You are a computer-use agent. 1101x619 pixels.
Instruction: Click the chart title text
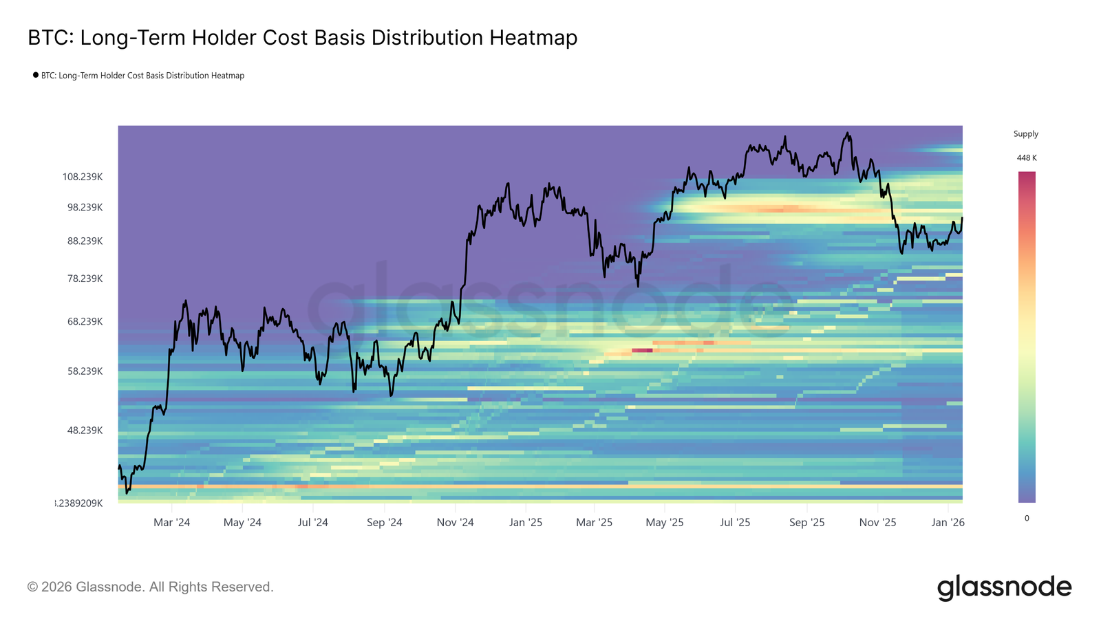[x=302, y=38]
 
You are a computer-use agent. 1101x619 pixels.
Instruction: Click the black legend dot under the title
[x=36, y=75]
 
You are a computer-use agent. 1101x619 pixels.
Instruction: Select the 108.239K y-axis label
[x=83, y=177]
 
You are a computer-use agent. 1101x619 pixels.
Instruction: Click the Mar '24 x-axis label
[x=171, y=523]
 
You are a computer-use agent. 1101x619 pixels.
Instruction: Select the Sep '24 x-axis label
[x=384, y=523]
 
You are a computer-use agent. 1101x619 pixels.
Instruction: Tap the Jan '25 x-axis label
[x=525, y=523]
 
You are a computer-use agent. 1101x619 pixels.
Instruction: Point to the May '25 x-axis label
[x=664, y=523]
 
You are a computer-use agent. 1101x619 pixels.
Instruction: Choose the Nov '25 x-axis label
[x=877, y=523]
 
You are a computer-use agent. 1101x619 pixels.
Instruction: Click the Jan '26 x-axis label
[x=948, y=523]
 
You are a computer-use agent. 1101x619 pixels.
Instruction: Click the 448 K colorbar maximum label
[x=1027, y=158]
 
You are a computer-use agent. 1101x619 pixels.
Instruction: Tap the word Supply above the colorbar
[x=1025, y=134]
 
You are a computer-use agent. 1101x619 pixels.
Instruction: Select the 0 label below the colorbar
[x=1027, y=519]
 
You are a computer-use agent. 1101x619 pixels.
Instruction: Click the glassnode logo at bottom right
[x=1004, y=587]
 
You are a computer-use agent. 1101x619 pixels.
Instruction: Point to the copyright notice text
[x=150, y=587]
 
